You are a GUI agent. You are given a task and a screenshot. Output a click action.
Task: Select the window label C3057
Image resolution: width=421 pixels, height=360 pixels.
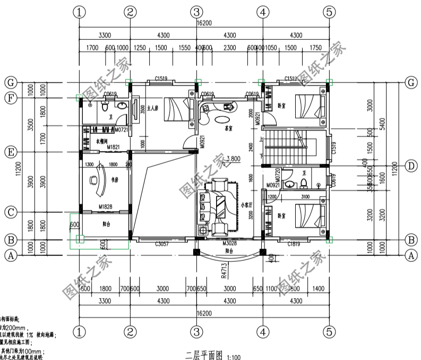(162, 244)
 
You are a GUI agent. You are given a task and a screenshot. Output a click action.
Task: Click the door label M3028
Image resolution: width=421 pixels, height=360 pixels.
(229, 243)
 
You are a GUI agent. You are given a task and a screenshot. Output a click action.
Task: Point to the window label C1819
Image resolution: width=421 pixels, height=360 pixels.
(295, 244)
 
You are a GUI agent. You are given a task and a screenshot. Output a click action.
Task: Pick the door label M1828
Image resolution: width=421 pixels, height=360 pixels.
(105, 206)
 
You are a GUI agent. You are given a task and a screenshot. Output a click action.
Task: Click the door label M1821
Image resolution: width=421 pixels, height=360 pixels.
(114, 147)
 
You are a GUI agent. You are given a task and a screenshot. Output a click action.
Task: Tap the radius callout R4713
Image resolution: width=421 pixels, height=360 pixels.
(225, 270)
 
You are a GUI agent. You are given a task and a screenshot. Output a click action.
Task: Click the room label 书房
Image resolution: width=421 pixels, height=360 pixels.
(114, 181)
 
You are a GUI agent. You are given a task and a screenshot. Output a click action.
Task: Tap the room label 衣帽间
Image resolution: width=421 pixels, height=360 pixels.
(102, 142)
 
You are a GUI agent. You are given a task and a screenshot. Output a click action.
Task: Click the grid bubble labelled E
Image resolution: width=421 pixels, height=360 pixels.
(9, 152)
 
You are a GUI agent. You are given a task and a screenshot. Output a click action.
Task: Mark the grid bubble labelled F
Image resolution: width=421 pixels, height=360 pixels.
(9, 98)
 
